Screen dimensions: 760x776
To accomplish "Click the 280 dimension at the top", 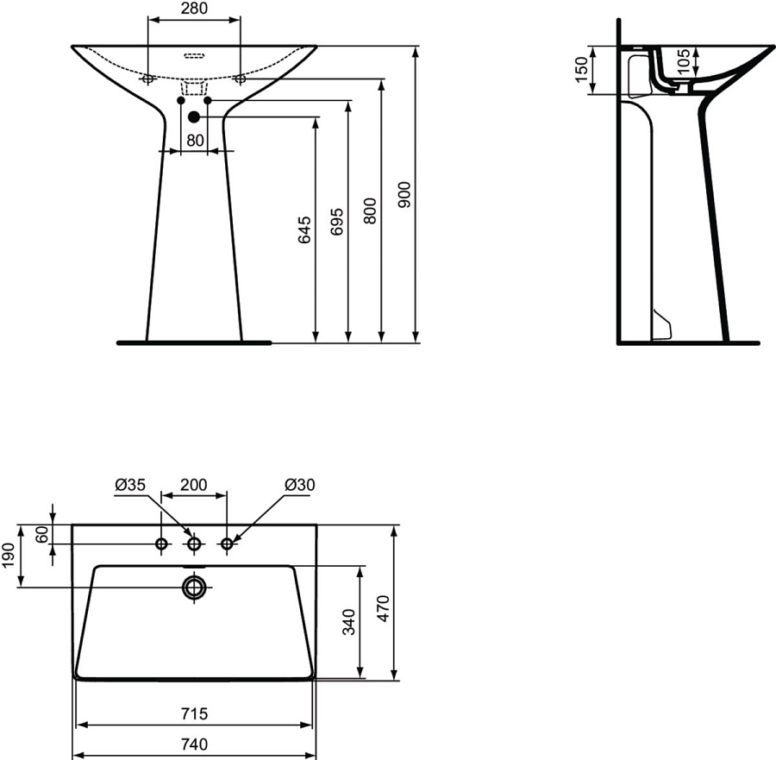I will [x=194, y=9].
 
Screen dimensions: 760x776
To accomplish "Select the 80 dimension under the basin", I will [x=194, y=139].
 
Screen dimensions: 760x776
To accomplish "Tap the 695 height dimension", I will [x=337, y=222].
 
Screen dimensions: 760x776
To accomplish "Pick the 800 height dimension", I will [x=370, y=211].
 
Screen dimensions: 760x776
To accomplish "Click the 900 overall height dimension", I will [x=404, y=195].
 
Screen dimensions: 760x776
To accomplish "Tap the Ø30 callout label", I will [x=300, y=485].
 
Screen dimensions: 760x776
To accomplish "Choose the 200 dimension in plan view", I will [x=194, y=485].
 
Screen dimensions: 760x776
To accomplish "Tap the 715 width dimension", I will [x=194, y=714].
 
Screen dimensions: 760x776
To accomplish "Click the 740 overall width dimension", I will [x=194, y=744].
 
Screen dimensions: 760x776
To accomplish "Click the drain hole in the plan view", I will [x=195, y=588].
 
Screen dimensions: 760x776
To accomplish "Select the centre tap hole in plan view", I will [x=195, y=543].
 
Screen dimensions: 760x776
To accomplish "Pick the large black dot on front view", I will [x=194, y=116].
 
